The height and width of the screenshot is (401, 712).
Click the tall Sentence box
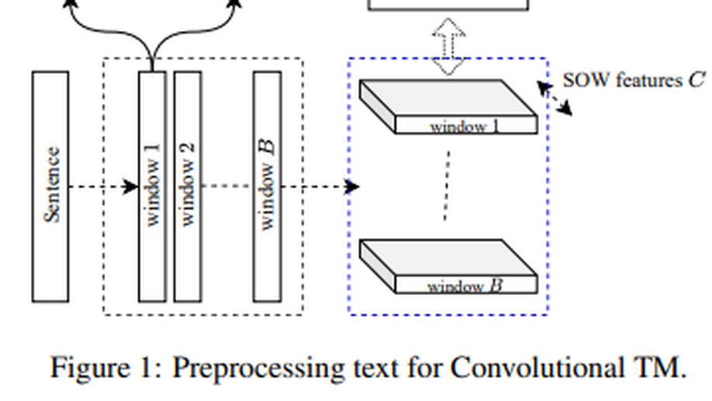click(x=50, y=186)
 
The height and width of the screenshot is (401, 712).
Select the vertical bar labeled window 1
click(x=152, y=186)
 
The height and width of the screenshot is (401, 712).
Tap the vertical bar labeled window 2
click(x=188, y=186)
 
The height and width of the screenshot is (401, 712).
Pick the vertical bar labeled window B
click(x=268, y=186)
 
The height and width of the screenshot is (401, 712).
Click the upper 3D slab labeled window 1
click(x=448, y=106)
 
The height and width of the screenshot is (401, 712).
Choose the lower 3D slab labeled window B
click(x=448, y=267)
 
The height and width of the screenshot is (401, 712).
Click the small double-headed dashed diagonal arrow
click(x=555, y=99)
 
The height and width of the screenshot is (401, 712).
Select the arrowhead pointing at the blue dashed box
click(x=353, y=186)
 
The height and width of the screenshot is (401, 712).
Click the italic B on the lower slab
click(x=495, y=286)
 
